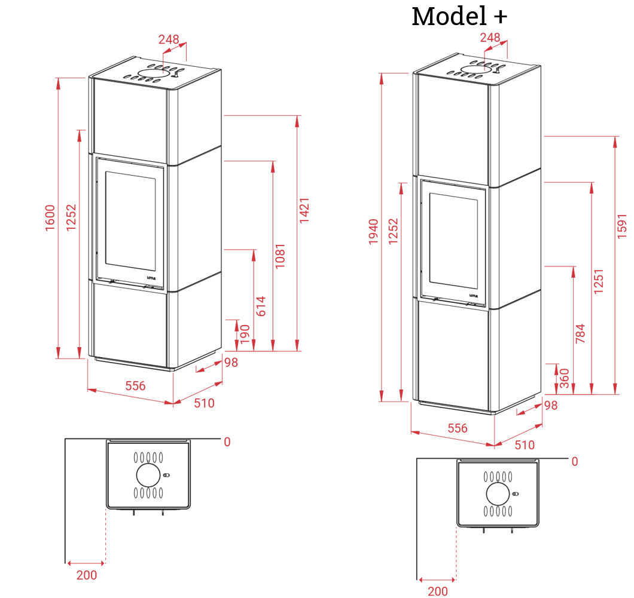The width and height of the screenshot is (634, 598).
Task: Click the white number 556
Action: tap(119, 434)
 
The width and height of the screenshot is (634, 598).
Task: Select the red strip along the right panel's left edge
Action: tap(383, 239)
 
